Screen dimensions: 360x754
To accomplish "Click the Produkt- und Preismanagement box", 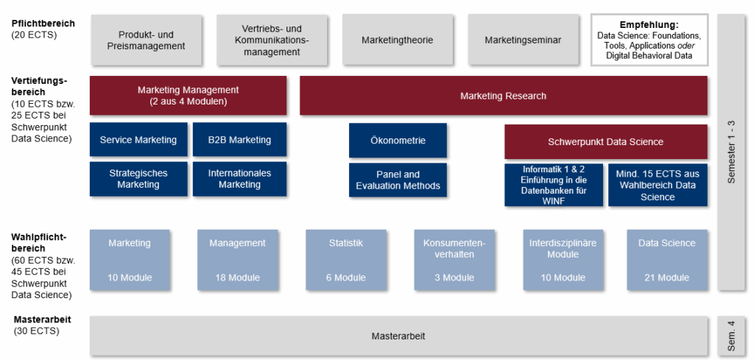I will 152,40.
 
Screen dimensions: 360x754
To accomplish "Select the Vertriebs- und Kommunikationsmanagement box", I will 272,40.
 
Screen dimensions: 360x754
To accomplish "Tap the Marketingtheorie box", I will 397,40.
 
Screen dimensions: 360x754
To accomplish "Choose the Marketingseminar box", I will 523,40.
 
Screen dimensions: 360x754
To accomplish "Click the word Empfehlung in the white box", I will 649,24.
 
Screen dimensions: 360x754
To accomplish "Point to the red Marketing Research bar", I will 503,96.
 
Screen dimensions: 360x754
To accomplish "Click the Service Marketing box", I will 138,140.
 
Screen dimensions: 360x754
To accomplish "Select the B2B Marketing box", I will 239,140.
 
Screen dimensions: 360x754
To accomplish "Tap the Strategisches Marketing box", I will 138,179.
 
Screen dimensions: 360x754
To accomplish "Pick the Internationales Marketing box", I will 239,179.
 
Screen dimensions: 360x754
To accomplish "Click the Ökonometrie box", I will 398,140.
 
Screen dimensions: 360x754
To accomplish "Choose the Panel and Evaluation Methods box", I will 398,180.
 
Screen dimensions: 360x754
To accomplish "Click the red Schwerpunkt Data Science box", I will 605,141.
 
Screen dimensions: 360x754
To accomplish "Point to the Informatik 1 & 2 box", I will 554,184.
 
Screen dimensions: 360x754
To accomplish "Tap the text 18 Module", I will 237,278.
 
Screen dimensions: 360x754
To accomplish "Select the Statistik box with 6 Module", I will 345,259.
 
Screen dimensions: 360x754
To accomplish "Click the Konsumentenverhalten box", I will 454,259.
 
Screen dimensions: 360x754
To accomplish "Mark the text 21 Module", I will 666,278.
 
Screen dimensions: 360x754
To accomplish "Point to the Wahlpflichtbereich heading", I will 39,242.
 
